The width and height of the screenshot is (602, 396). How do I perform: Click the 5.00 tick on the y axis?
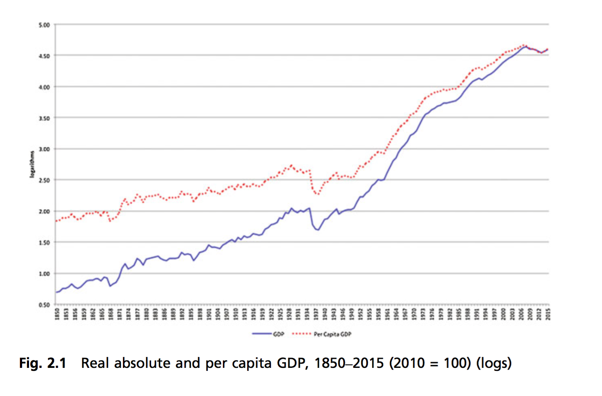(44, 25)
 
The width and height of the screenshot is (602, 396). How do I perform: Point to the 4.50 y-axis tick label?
(44, 56)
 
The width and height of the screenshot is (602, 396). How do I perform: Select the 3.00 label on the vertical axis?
(44, 149)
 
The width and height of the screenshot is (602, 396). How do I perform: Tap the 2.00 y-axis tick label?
(44, 211)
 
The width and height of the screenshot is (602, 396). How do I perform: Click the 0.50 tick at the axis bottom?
(44, 305)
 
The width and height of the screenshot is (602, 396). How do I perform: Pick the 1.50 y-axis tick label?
(44, 243)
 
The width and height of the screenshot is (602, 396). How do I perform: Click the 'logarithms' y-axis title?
(32, 164)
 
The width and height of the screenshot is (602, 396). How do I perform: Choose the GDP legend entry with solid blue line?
(268, 334)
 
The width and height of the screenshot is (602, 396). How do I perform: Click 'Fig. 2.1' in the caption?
(42, 363)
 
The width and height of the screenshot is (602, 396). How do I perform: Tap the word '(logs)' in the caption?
(494, 363)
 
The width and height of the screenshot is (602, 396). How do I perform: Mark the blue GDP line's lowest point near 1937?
(318, 230)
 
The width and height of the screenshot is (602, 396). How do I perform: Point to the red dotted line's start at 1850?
(56, 221)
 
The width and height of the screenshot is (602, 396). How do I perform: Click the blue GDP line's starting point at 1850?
(56, 293)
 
